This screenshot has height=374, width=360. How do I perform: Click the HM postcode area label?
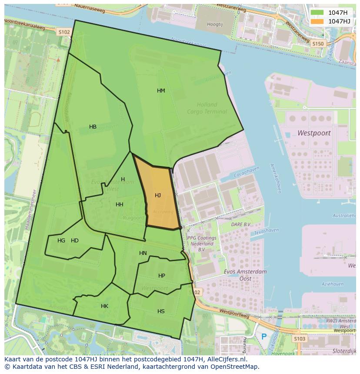pos(161,91)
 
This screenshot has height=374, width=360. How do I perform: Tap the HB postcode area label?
pos(93,127)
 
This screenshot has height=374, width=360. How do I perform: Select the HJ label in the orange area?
pos(158,195)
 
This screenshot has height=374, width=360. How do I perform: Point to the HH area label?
pos(119,205)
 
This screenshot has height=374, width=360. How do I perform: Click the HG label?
pos(61,241)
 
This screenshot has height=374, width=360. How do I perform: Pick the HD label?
pos(75,241)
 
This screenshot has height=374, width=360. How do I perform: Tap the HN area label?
pos(143,253)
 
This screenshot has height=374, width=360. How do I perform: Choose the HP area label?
pos(162,276)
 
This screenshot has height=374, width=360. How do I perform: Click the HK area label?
pos(104,306)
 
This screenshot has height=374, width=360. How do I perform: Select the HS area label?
pos(161,311)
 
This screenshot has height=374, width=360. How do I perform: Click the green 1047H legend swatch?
pos(317,13)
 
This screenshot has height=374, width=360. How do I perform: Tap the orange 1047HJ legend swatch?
pos(317,21)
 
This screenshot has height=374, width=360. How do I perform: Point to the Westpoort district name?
pos(314,133)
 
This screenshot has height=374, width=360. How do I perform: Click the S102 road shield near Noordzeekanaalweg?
pos(64,32)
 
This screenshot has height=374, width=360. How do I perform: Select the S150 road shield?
pos(318,43)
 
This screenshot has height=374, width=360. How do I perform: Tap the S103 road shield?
pos(299,338)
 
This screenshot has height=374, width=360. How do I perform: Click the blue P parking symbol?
pos(264,336)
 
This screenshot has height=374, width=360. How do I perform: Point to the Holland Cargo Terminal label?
pos(207,108)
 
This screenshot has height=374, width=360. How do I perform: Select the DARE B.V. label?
pos(241,225)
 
